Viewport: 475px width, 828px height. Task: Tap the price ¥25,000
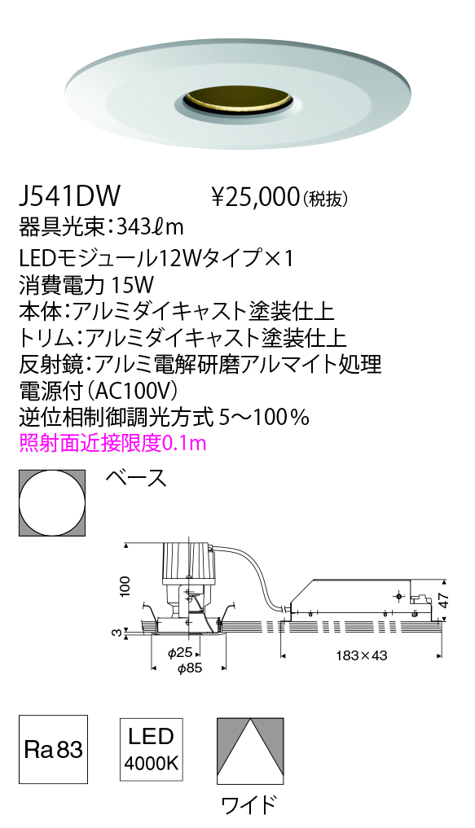click(255, 197)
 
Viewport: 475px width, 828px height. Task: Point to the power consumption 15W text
click(133, 285)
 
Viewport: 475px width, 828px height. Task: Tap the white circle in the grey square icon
click(52, 502)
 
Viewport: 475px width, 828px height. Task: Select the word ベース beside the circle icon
click(136, 479)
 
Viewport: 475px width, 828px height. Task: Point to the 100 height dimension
click(125, 586)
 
